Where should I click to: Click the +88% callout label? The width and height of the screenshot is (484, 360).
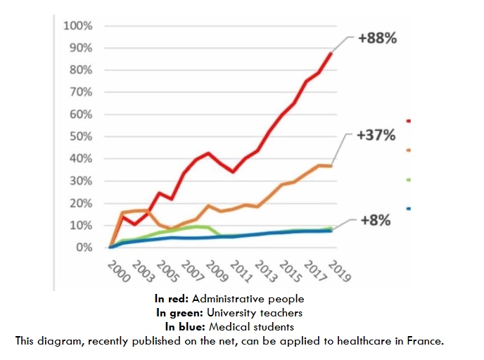click(378, 39)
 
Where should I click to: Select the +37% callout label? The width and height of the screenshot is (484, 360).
click(378, 135)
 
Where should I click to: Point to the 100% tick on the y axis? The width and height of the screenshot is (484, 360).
click(77, 26)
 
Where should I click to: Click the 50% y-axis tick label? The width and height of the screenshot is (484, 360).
click(80, 137)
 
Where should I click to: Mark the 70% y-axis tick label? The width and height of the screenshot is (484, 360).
click(80, 93)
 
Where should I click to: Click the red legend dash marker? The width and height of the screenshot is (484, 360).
click(409, 121)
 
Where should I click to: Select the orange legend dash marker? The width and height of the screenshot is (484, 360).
click(409, 150)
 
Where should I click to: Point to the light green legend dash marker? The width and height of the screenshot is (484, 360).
click(409, 180)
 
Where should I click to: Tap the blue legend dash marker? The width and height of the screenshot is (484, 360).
click(409, 209)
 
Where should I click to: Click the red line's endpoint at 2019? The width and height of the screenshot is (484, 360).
click(331, 53)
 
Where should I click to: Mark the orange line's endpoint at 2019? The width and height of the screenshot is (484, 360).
click(331, 166)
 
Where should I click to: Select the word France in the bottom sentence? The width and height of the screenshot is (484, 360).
click(425, 341)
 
